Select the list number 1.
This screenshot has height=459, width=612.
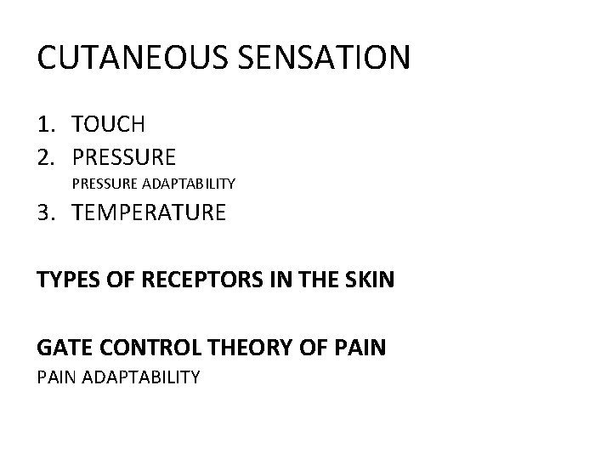(48, 124)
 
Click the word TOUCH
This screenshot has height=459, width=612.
(109, 124)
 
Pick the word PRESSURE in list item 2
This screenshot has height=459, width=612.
(124, 156)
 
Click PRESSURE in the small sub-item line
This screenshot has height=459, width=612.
(103, 183)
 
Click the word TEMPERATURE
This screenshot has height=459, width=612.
(150, 212)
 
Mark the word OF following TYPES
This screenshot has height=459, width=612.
(109, 279)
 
